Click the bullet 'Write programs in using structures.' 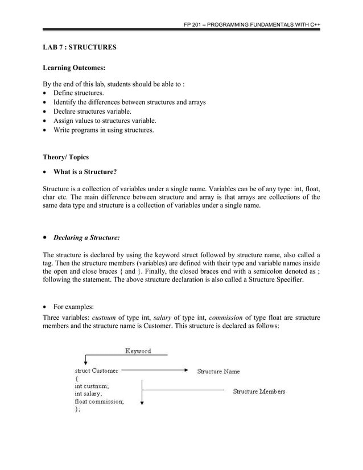104,130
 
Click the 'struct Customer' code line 97,370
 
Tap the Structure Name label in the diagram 218,372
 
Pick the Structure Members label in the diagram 259,391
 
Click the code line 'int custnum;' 92,385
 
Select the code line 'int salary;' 89,393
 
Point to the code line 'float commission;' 100,401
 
